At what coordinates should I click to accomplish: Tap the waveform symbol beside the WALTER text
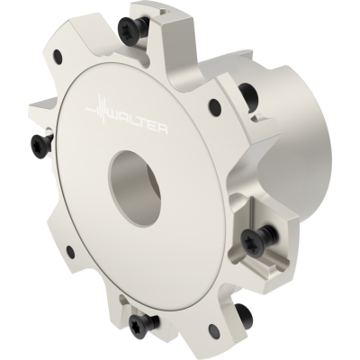96,108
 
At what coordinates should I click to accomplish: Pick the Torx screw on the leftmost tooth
42,143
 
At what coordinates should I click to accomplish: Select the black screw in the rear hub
248,94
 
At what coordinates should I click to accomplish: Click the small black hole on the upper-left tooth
58,57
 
